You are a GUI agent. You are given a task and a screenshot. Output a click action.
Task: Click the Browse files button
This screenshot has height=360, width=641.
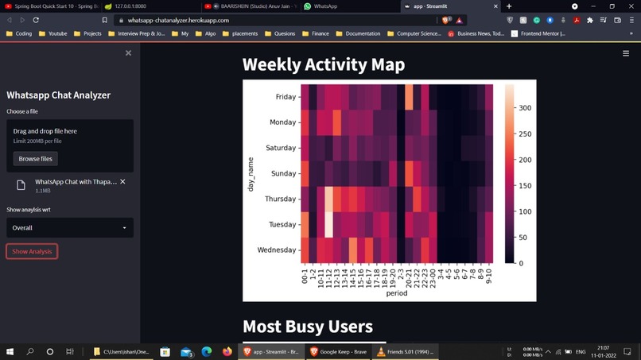35,159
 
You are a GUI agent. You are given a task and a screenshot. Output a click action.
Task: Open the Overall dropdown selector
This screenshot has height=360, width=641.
70,228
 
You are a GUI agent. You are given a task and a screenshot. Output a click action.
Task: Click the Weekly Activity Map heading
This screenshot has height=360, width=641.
323,65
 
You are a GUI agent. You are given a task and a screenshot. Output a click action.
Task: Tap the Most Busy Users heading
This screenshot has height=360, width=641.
307,326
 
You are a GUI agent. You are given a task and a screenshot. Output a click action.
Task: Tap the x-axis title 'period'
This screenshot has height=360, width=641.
396,293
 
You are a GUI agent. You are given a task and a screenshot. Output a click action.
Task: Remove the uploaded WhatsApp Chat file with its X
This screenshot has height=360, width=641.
122,182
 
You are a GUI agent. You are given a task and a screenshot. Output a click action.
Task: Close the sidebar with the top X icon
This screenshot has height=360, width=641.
128,53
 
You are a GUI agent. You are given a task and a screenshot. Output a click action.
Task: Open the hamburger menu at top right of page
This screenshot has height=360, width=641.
626,53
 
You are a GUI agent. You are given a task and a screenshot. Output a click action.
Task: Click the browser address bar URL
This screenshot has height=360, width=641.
178,20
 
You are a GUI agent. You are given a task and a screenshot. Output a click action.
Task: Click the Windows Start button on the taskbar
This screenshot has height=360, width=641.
10,351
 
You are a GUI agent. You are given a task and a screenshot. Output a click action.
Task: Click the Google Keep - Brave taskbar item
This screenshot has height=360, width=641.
337,351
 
